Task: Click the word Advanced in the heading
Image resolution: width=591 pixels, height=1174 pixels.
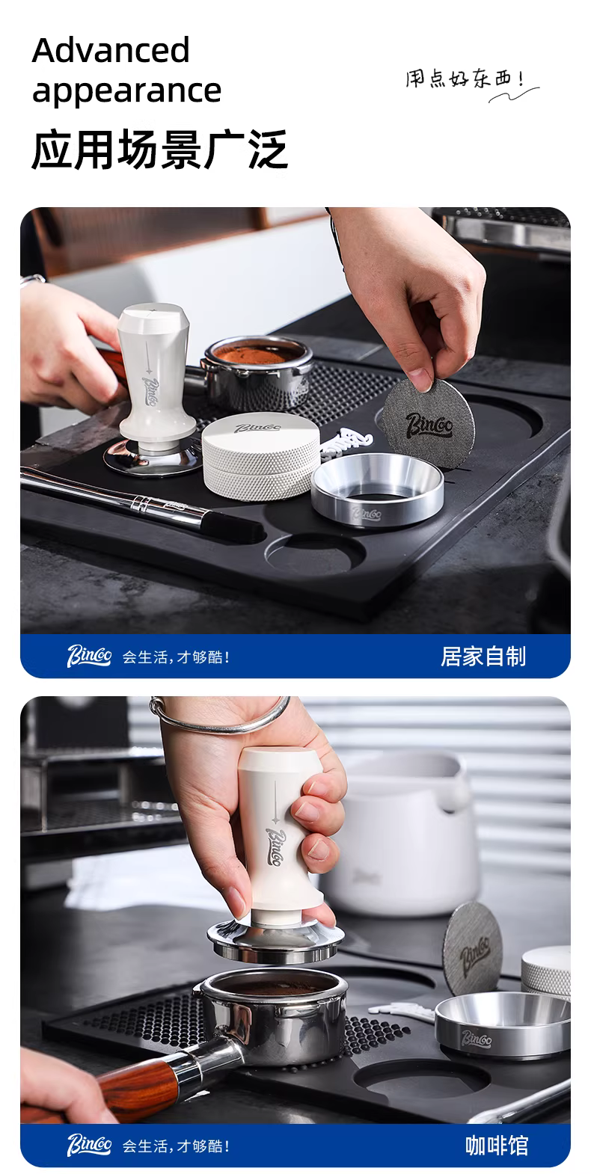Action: click(111, 50)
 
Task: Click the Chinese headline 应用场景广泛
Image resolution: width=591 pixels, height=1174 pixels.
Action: click(160, 150)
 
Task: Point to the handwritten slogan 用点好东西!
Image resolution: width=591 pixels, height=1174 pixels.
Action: click(465, 79)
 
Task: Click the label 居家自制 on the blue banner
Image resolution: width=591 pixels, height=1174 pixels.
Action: click(483, 657)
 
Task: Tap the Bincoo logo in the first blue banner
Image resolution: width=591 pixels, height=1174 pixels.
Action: click(88, 656)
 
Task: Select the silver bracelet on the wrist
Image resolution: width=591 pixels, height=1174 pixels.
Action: click(220, 716)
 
